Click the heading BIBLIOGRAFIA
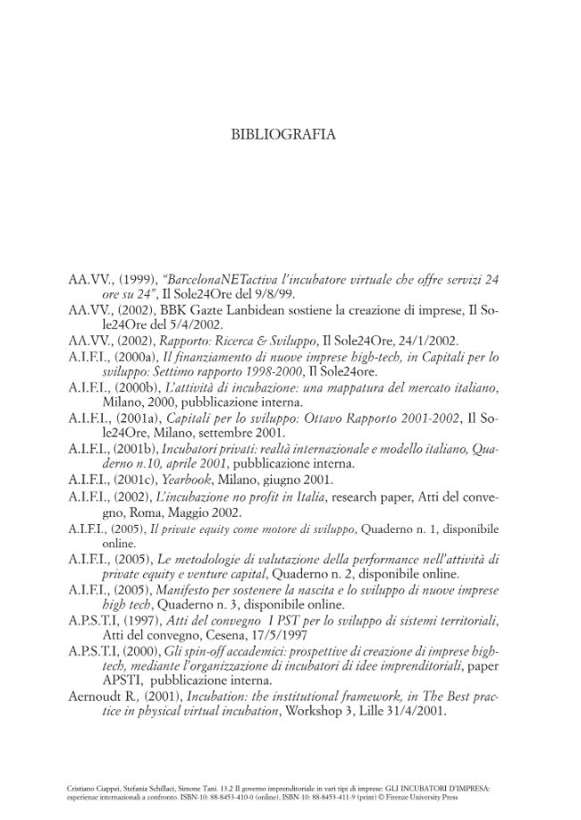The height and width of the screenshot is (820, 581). point(283,135)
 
